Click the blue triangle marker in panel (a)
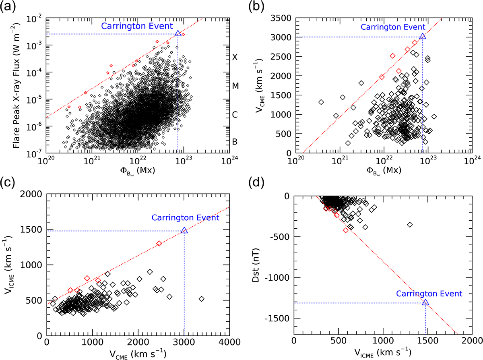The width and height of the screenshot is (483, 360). click(x=178, y=33)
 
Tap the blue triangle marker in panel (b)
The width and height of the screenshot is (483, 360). click(x=423, y=36)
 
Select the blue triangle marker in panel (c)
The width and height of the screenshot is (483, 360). click(x=184, y=230)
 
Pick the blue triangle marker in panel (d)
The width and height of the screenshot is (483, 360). click(x=425, y=302)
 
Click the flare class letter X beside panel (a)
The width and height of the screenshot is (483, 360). click(x=235, y=57)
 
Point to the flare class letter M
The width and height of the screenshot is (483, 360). click(x=235, y=86)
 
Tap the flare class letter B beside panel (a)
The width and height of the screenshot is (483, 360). click(x=235, y=142)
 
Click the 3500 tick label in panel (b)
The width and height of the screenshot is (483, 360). click(x=281, y=18)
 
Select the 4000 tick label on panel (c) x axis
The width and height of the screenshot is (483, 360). click(x=229, y=342)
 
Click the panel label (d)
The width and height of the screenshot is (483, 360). click(x=256, y=182)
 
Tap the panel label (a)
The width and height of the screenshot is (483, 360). click(x=8, y=6)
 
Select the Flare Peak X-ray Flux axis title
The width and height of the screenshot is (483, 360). click(x=17, y=86)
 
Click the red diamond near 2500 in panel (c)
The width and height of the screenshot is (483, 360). click(x=159, y=243)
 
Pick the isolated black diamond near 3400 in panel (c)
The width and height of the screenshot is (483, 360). click(x=202, y=299)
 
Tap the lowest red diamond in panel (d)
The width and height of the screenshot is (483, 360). click(x=346, y=230)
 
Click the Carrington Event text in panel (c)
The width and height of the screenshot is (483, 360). click(x=185, y=217)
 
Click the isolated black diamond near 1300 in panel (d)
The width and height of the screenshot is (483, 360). click(x=410, y=225)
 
